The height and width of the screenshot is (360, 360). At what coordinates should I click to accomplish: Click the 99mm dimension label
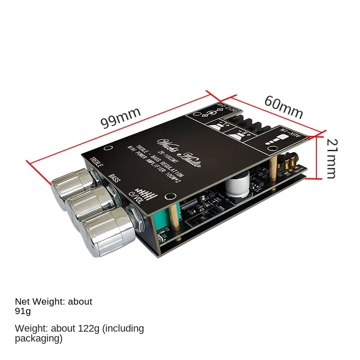pos(121,117)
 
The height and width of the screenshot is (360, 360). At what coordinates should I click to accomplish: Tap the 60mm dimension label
pos(283,107)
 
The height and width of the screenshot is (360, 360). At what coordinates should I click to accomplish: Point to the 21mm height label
pos(332,158)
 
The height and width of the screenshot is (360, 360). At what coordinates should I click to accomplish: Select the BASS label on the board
pos(115,180)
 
